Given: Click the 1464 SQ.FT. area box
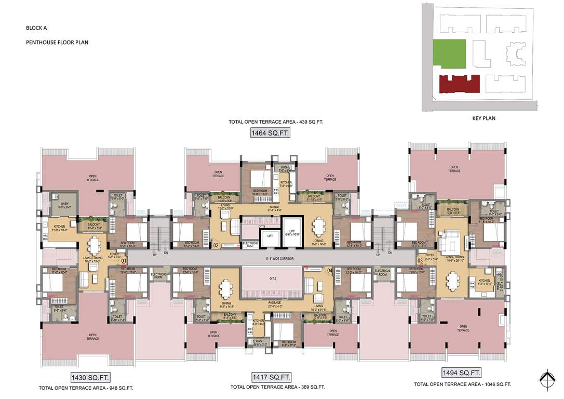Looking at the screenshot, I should tap(270, 134).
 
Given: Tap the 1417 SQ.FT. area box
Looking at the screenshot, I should tap(272, 377).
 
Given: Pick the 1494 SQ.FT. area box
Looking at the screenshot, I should tap(461, 373).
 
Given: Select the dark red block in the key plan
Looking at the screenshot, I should tap(459, 84).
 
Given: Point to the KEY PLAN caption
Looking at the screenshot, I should tap(484, 118).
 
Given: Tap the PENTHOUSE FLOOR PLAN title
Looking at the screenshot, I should tap(57, 43).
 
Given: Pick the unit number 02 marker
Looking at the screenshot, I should tap(216, 245).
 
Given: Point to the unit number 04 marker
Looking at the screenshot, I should tap(329, 270).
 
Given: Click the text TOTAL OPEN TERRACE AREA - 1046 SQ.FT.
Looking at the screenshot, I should tap(462, 384).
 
